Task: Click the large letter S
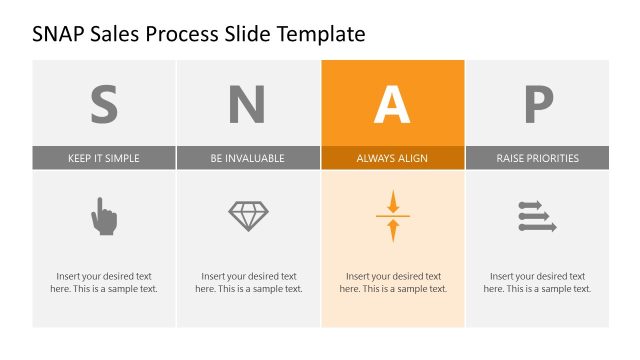104,104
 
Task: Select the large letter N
248,104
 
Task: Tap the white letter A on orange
392,104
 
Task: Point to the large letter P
537,104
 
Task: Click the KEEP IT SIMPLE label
104,158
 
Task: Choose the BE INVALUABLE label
248,158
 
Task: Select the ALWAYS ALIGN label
392,158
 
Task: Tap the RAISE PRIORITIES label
537,158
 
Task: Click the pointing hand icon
104,216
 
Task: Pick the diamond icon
248,216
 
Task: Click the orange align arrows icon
393,216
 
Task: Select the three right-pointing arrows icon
537,216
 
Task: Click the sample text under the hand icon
104,282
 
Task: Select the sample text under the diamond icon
248,282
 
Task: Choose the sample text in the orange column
393,282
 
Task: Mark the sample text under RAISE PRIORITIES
537,282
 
